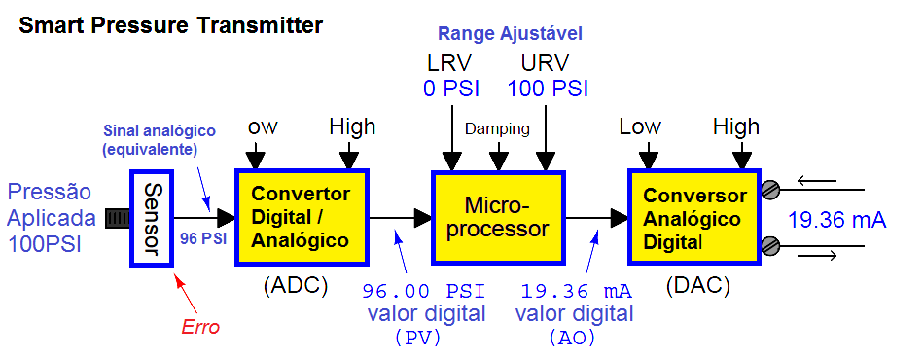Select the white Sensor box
point(151,217)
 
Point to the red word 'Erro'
point(200,327)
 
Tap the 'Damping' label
point(497,128)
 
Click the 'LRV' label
point(448,64)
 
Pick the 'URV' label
point(545,64)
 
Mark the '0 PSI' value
point(448,89)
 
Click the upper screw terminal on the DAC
point(770,189)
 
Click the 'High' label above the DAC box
point(735,126)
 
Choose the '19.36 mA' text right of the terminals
point(837,221)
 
